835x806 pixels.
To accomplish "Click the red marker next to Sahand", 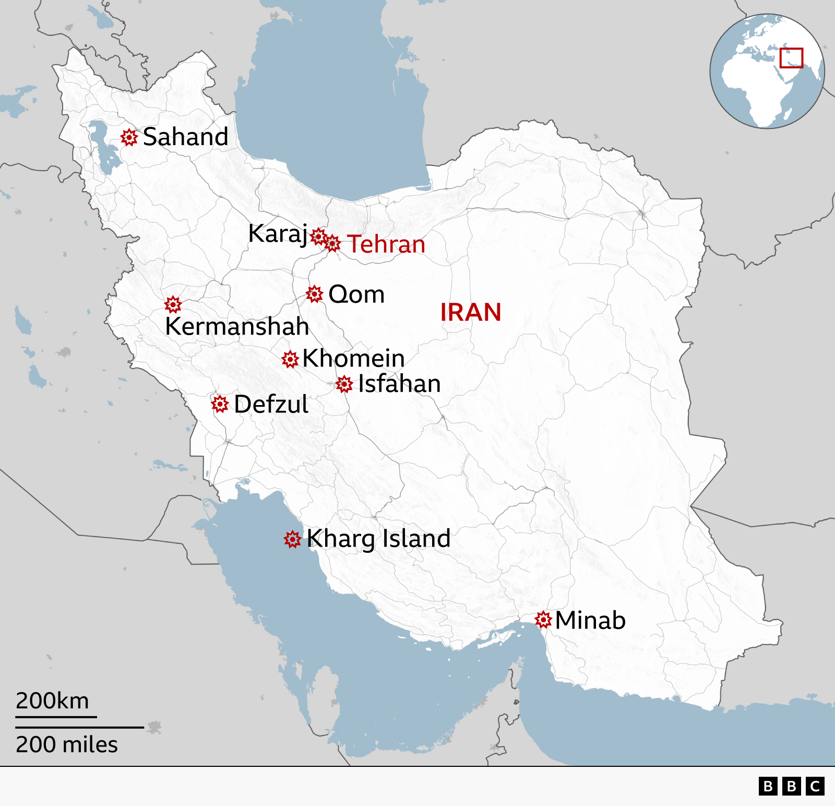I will [x=129, y=137].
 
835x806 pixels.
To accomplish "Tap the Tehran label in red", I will [x=386, y=244].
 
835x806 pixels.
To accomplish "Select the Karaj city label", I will [x=278, y=233].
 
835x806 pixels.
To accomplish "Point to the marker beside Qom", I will [x=314, y=294].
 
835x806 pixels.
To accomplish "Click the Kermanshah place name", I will [x=237, y=327].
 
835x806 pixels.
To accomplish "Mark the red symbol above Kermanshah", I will [x=173, y=304].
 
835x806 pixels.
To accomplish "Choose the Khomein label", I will [x=353, y=359].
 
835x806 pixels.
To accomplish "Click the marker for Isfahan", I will [x=344, y=385].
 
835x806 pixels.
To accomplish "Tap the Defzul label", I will [x=271, y=405].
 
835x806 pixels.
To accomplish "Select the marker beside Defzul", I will [x=220, y=404].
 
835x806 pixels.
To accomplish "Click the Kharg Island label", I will [x=378, y=539].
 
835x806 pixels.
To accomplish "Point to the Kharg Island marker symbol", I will [x=292, y=539].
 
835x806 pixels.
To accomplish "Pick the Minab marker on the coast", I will [x=543, y=620].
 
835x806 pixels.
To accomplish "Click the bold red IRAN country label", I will [x=470, y=313].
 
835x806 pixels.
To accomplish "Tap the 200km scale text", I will [x=52, y=701].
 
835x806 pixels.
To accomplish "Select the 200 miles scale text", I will [x=66, y=744].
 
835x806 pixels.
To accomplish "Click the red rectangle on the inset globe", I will [x=791, y=58].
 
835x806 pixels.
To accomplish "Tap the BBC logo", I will [x=791, y=786].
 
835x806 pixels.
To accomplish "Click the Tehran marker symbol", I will [x=332, y=243].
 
